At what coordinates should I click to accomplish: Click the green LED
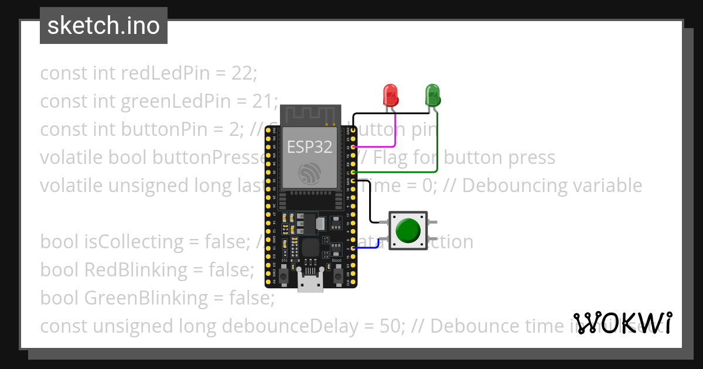[432, 94]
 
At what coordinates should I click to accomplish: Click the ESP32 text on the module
[309, 146]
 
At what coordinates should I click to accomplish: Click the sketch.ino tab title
[104, 26]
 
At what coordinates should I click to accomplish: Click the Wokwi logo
[623, 323]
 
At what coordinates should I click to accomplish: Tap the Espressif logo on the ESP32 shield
[309, 173]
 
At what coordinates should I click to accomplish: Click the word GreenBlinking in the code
[146, 298]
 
